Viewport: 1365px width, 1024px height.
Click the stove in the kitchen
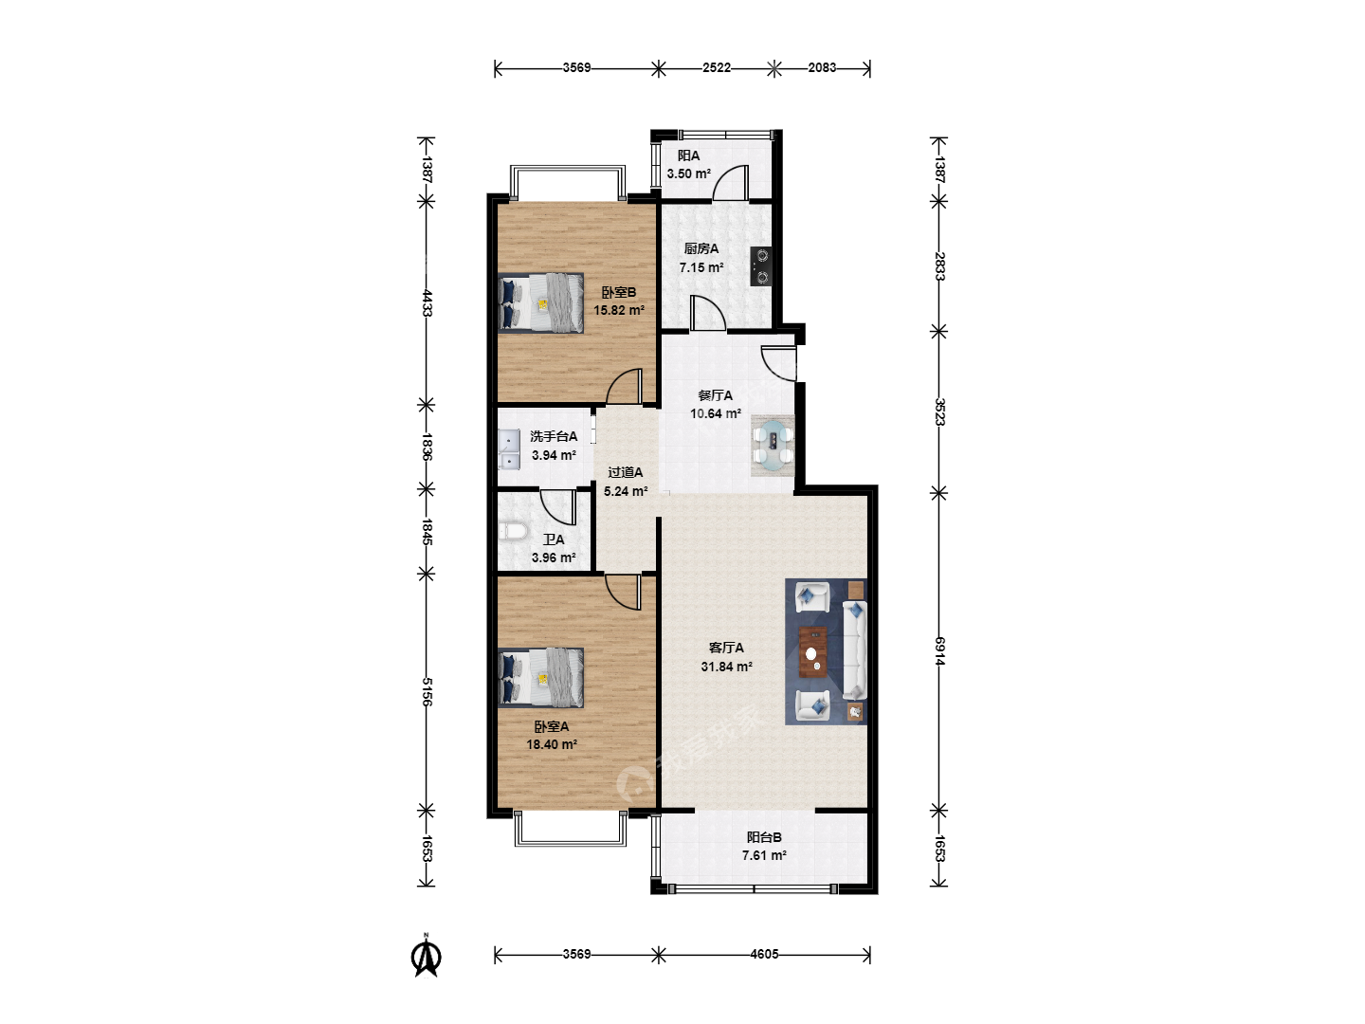coord(761,266)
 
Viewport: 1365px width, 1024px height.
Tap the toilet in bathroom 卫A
coord(513,532)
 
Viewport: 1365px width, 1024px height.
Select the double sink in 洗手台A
coord(509,449)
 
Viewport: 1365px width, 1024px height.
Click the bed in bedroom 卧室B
coord(540,302)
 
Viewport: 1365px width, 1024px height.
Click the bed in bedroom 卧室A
coord(540,678)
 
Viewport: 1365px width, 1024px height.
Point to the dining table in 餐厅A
coord(773,446)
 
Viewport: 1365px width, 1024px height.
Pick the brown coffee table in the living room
coord(812,652)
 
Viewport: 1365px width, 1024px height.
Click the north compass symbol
coord(426,958)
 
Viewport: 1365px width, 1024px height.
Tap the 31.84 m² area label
coord(726,667)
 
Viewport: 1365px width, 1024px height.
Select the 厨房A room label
coord(701,248)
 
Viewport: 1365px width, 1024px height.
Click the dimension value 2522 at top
coord(717,67)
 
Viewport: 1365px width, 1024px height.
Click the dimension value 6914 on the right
coord(939,651)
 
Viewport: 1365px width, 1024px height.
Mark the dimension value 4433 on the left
coord(427,302)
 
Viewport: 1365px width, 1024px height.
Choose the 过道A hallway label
coord(625,472)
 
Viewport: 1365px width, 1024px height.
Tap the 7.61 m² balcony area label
coord(764,855)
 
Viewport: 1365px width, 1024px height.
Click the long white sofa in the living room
coord(854,649)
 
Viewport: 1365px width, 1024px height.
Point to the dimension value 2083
coord(822,67)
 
